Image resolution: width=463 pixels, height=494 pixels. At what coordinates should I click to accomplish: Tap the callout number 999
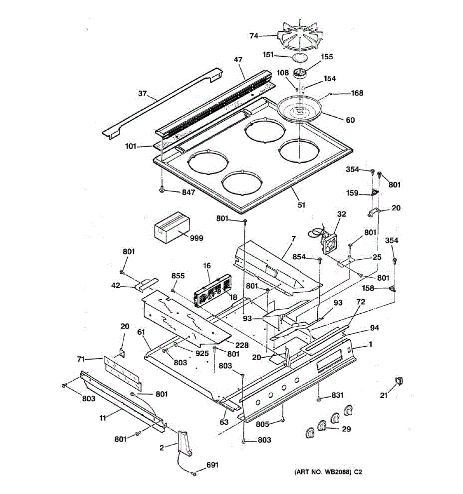[196, 238]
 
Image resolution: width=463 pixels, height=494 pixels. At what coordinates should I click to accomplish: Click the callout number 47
[238, 60]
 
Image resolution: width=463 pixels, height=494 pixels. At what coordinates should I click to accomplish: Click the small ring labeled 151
[301, 57]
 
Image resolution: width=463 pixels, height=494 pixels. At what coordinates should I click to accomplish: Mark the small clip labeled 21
[398, 381]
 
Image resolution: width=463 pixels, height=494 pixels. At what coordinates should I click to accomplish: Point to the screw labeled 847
[163, 190]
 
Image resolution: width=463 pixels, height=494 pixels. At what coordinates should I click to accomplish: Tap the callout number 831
[337, 395]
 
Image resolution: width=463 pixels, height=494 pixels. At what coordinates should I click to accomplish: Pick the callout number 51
[302, 205]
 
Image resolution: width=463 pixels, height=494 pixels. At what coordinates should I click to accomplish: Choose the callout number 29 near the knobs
[347, 429]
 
